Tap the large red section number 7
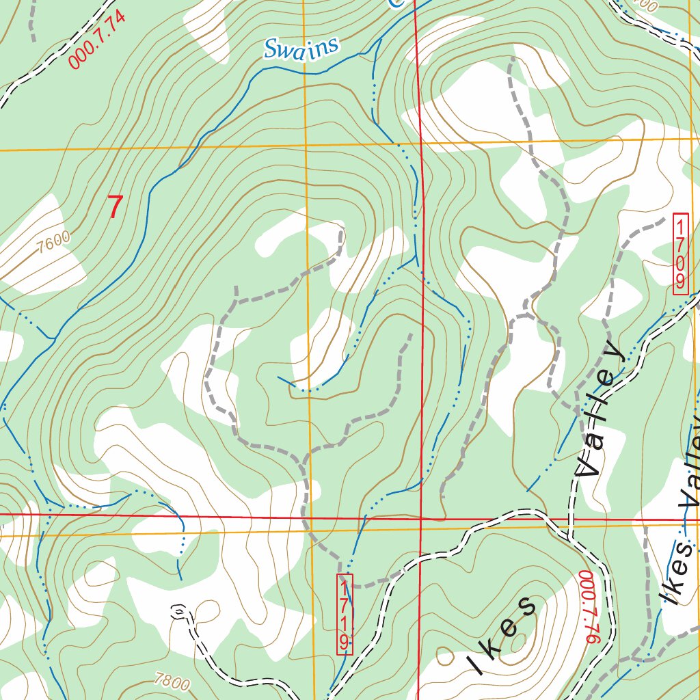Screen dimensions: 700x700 pyautogui.click(x=116, y=207)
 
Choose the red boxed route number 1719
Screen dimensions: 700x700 pyautogui.click(x=345, y=614)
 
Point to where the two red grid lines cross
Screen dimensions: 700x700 pyautogui.click(x=421, y=518)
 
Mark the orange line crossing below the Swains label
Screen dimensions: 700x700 pyautogui.click(x=305, y=146)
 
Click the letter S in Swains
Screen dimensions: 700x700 pyautogui.click(x=271, y=50)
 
